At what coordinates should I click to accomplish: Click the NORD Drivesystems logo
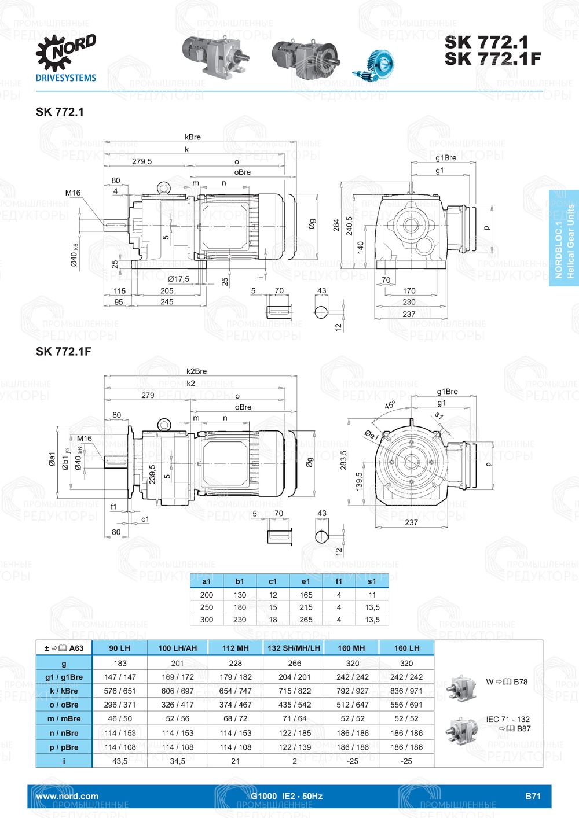pyautogui.click(x=65, y=58)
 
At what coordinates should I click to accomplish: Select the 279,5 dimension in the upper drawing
pyautogui.click(x=142, y=161)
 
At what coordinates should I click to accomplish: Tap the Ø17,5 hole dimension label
pyautogui.click(x=178, y=279)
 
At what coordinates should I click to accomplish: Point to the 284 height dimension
pyautogui.click(x=336, y=225)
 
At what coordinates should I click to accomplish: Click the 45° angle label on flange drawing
pyautogui.click(x=390, y=405)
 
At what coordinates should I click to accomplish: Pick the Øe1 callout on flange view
pyautogui.click(x=371, y=435)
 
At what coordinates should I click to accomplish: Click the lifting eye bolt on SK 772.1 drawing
pyautogui.click(x=164, y=187)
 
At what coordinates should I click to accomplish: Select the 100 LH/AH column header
pyautogui.click(x=177, y=648)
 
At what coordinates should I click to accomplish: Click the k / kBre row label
pyautogui.click(x=64, y=691)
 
